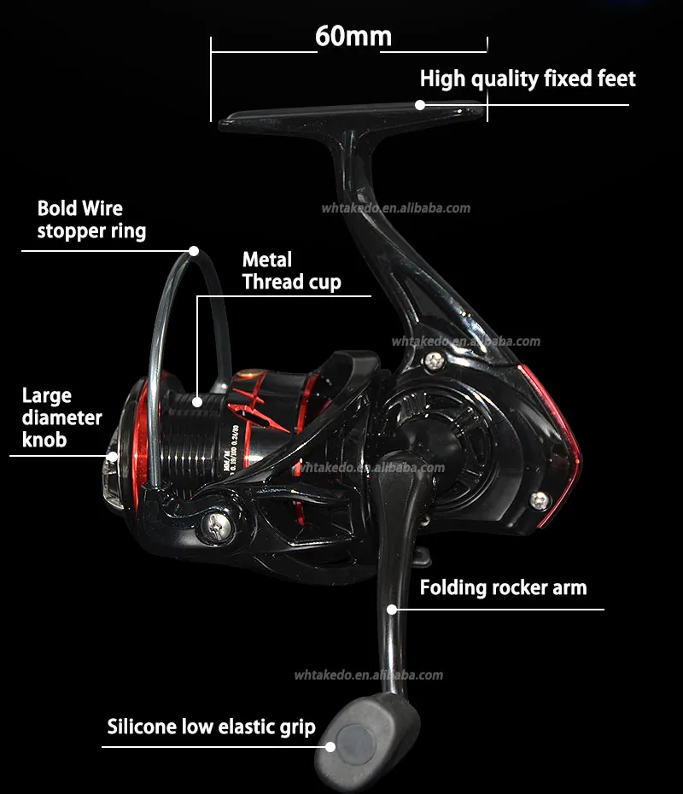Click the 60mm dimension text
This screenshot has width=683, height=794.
(353, 37)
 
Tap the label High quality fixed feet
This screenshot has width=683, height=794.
(528, 79)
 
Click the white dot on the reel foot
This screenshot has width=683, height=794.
(420, 105)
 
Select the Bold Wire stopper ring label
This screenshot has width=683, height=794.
(91, 219)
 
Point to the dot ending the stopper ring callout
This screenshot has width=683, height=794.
(194, 251)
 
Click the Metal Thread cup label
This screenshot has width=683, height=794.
(291, 271)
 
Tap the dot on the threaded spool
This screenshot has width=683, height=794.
(197, 400)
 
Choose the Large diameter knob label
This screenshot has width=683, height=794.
(61, 417)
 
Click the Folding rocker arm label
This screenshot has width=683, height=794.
(503, 587)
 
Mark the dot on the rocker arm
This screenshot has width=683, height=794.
(392, 609)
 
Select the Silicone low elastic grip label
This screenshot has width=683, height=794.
(211, 727)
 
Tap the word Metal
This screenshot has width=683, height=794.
(266, 260)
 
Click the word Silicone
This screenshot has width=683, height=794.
(142, 727)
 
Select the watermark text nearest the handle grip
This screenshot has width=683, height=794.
(369, 675)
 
